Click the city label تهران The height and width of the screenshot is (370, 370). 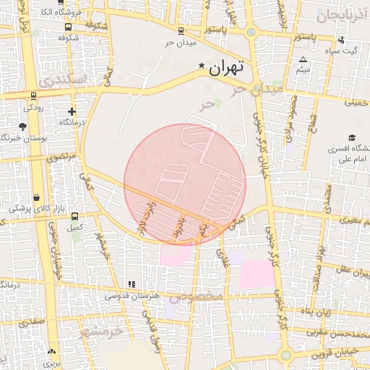227,69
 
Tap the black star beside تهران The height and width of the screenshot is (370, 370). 201,66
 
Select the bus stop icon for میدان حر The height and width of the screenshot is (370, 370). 181,31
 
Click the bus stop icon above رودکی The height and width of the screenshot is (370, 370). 33,95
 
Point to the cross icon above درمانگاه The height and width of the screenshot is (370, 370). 72,111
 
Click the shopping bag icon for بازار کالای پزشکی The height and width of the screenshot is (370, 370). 37,197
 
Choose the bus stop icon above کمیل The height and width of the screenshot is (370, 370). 74,216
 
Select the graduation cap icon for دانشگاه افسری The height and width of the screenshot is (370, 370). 352,137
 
